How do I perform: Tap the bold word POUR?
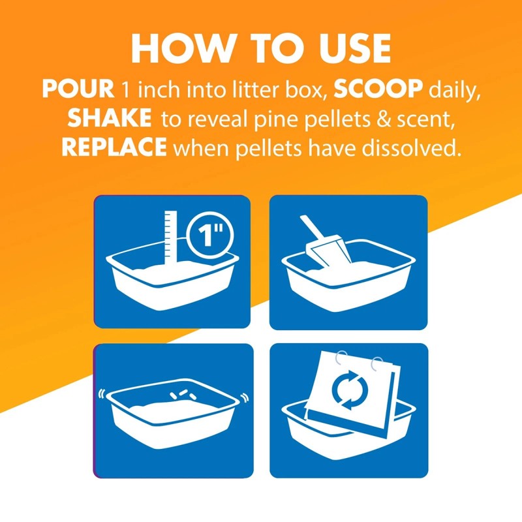tap(78, 89)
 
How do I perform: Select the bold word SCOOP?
tap(378, 89)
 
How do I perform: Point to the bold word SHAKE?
tap(110, 118)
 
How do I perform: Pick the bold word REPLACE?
tap(114, 147)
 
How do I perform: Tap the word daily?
tap(454, 91)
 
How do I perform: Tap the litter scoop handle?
tap(313, 228)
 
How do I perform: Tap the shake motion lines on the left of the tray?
tap(101, 394)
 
